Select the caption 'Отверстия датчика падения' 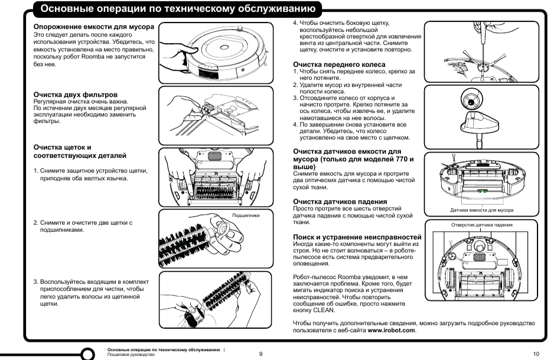click(481, 224)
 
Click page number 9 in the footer click(260, 353)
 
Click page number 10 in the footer click(536, 353)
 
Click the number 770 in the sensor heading click(398, 160)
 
